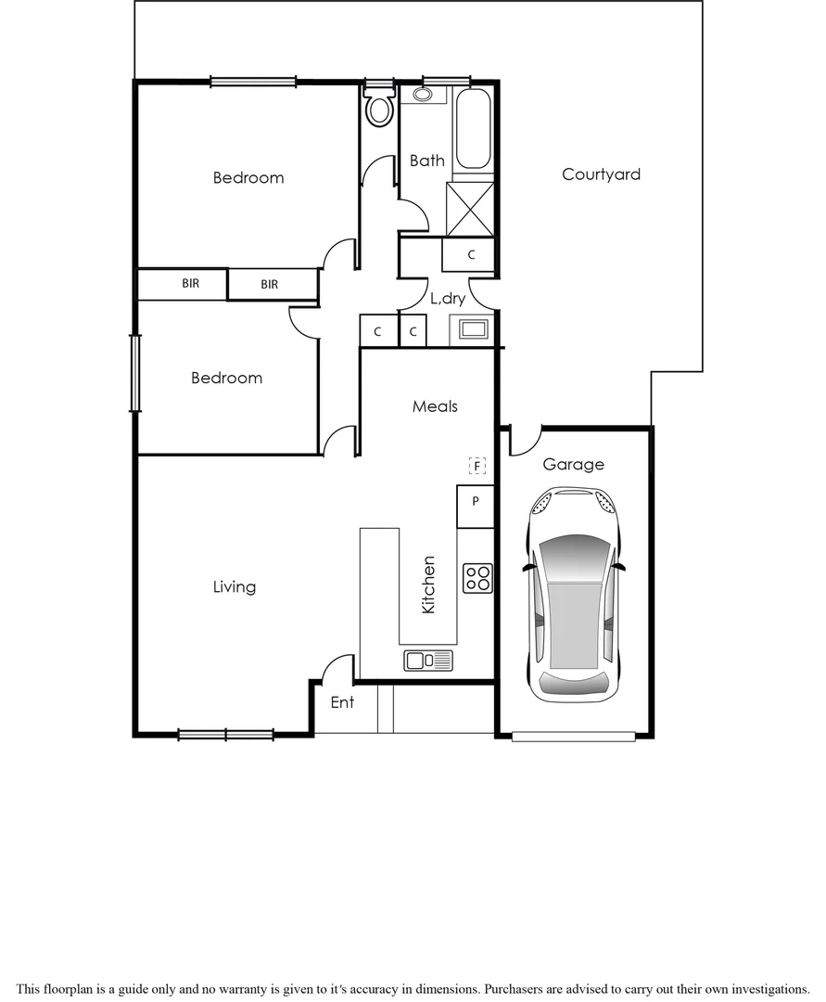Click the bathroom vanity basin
point(422,95)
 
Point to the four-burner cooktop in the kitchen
point(477,578)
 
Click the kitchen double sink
point(428,660)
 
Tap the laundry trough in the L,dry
point(472,329)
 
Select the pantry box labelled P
point(476,502)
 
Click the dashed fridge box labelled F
point(477,465)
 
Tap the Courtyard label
point(601,174)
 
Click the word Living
point(235,587)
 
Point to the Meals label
point(435,406)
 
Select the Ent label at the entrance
point(342,702)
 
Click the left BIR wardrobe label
point(191,284)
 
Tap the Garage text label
point(573,465)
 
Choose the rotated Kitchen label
point(428,584)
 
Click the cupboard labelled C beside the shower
point(471,254)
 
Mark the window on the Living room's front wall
point(225,735)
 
